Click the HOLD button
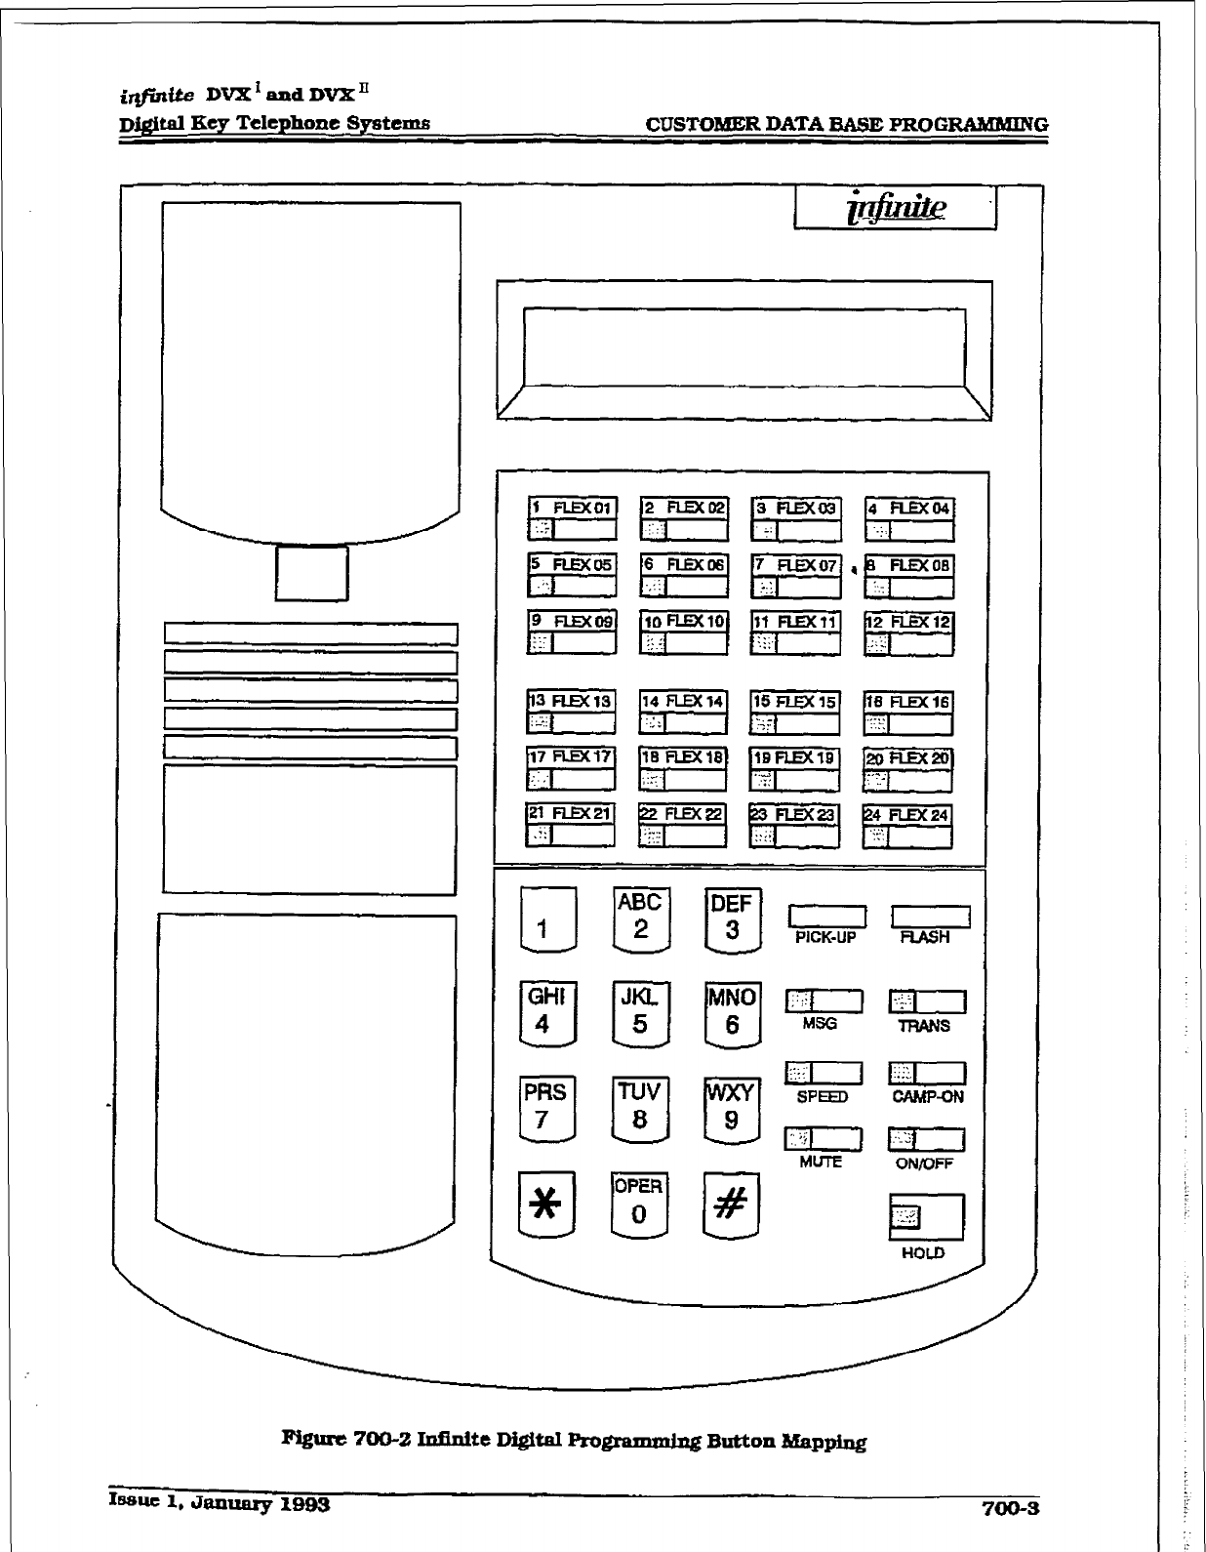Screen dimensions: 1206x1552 [x=925, y=1216]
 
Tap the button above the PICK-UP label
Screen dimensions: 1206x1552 [x=826, y=916]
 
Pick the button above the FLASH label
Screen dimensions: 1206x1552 [x=930, y=916]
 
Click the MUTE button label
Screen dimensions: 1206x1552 [x=821, y=1162]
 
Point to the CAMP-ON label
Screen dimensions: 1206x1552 [x=927, y=1096]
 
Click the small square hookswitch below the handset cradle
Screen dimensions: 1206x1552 [x=311, y=573]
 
